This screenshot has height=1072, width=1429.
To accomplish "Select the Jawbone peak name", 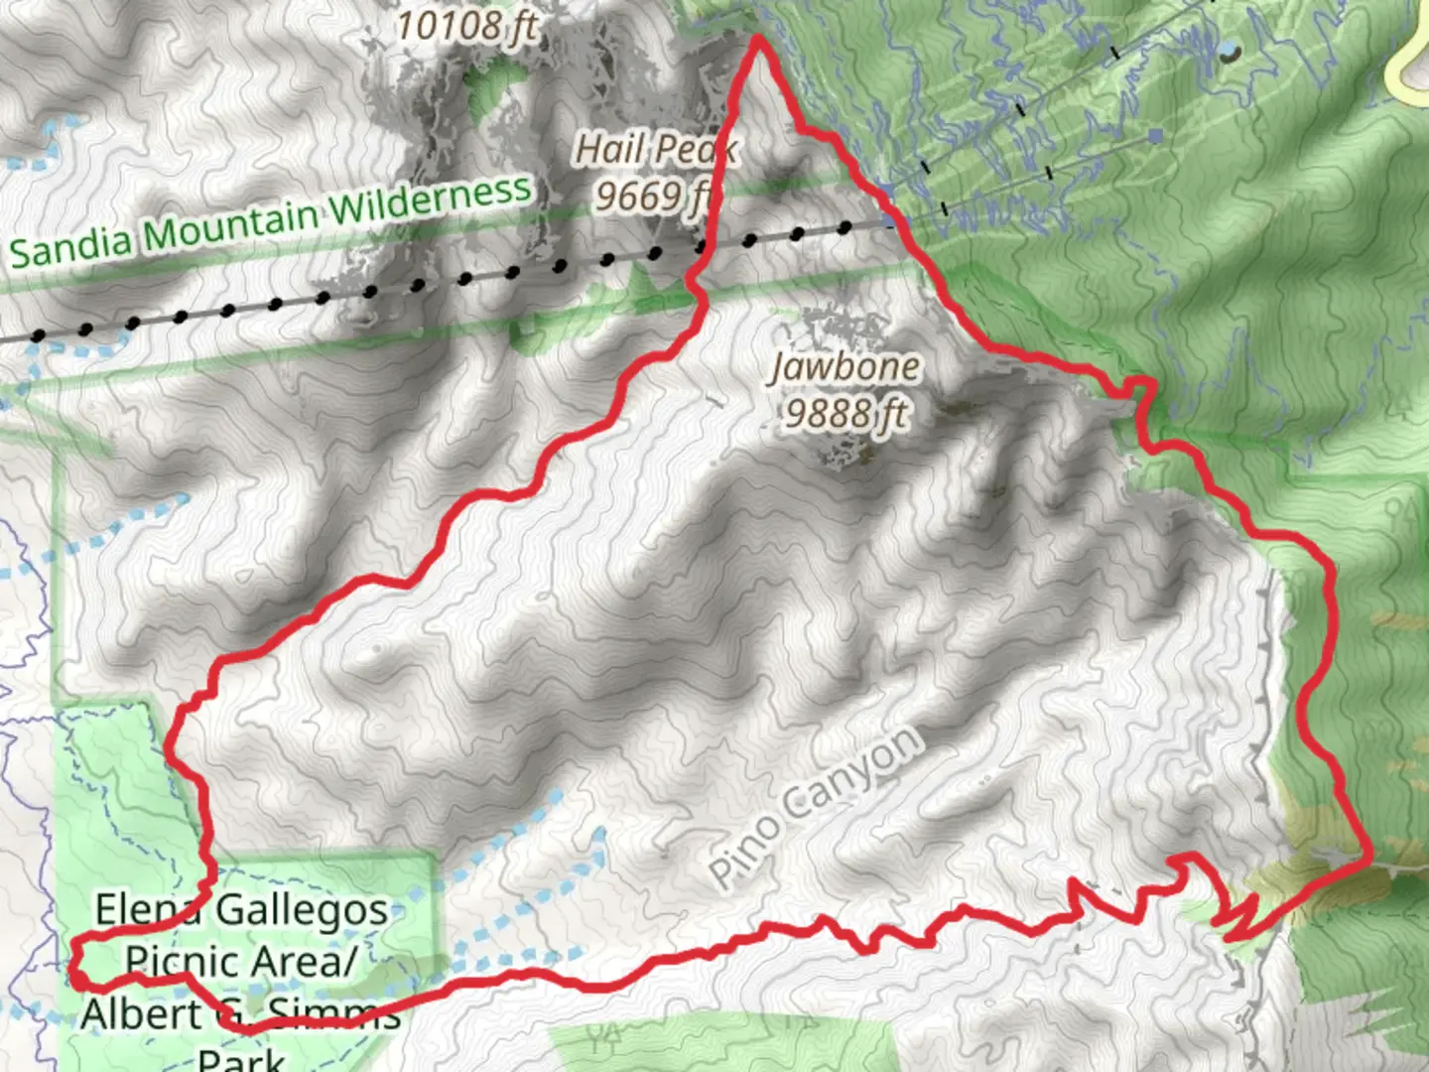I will pos(845,367).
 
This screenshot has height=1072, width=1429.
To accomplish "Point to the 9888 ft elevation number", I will pos(845,412).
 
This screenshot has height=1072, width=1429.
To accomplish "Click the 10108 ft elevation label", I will pos(466,25).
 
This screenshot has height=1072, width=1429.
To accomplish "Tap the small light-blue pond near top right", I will pos(1229,50).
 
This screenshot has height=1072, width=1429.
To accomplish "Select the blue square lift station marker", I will pos(1154,134).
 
